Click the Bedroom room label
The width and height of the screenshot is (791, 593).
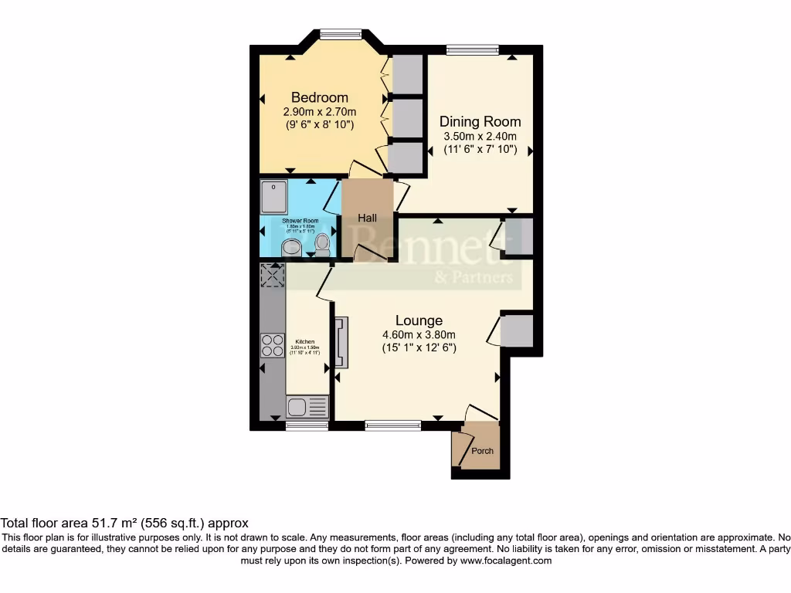(319, 97)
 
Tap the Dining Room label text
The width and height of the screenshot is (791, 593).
(480, 121)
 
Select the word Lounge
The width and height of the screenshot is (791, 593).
(419, 320)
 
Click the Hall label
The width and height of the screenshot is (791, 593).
(367, 219)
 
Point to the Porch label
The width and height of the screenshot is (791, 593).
(482, 451)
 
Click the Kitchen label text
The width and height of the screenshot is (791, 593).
(305, 341)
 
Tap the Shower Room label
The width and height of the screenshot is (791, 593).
(300, 220)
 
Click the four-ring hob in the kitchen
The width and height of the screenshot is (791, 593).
(273, 344)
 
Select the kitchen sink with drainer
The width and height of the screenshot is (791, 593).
(307, 406)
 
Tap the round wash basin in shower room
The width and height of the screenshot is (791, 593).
(291, 247)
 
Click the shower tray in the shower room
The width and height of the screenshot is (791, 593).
(273, 196)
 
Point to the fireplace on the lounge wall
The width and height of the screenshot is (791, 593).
(341, 342)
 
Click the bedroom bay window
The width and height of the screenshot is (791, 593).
(341, 33)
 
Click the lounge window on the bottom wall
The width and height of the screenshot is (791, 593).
(392, 424)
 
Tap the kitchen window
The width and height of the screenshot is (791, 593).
(307, 425)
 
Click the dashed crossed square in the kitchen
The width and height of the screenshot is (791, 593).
(273, 276)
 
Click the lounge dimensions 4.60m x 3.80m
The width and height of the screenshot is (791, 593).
(419, 334)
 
